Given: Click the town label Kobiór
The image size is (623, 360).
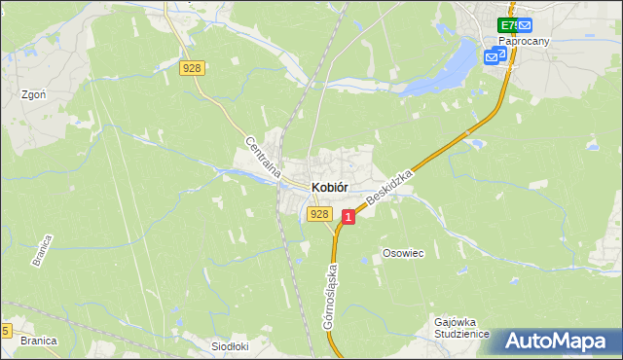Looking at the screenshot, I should pos(330,187).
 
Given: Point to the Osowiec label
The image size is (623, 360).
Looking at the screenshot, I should pos(402,252).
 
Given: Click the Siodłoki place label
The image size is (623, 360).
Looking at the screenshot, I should pos(231,345).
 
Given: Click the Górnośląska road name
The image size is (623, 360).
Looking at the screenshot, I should pos(331,293).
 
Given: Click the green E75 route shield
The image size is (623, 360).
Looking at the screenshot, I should pos(507,25).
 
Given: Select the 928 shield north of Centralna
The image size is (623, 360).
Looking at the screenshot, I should pos(192,67).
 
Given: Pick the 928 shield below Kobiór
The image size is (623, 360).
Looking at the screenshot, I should pos(317,213).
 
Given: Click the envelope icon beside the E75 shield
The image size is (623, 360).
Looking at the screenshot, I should pos(525,25).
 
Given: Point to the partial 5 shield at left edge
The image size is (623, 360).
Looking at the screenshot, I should pos(5,330).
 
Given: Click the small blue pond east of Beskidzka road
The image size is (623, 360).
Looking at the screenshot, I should pos(476,144).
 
